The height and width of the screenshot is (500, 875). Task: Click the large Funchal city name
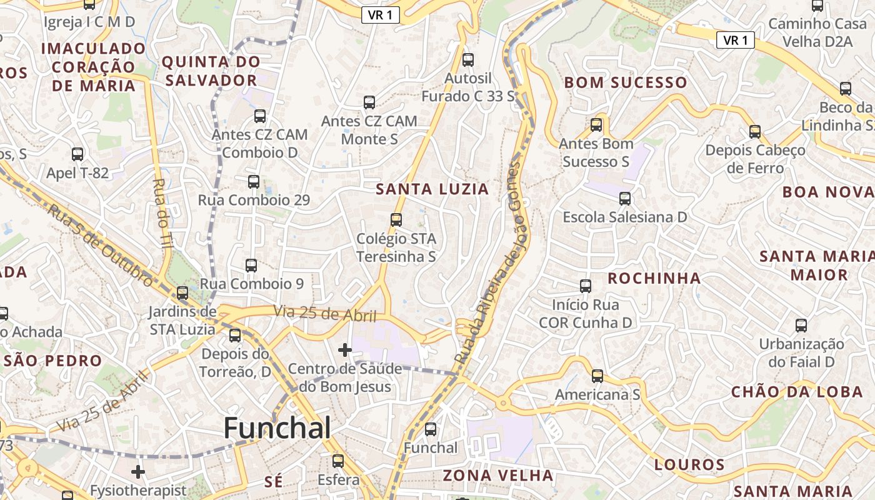(277, 429)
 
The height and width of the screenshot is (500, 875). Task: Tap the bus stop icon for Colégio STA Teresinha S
(396, 220)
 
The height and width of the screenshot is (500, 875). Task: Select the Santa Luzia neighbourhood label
(432, 189)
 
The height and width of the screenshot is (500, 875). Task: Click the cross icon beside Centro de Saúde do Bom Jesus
(344, 350)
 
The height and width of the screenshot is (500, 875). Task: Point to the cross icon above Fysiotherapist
(138, 471)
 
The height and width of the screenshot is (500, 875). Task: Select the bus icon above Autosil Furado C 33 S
(467, 61)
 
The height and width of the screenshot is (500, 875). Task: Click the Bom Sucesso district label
(626, 82)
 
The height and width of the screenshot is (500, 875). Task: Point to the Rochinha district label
(654, 278)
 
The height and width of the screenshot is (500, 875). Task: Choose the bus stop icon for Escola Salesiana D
(624, 199)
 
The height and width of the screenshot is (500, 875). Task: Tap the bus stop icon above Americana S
(597, 376)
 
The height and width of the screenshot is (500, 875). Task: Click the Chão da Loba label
(797, 392)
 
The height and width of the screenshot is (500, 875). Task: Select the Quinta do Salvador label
(211, 71)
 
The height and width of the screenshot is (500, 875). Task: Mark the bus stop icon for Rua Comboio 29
(253, 182)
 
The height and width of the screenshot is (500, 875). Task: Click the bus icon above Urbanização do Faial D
(801, 326)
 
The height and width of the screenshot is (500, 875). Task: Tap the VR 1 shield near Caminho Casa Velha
(735, 41)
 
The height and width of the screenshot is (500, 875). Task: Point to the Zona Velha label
(497, 476)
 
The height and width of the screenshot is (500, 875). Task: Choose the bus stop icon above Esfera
(338, 462)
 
